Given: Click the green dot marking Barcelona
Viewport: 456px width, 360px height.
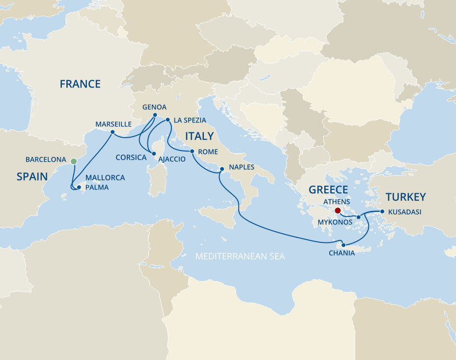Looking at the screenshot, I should pos(74,161).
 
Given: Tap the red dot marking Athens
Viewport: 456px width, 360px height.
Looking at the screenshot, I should pos(337,210).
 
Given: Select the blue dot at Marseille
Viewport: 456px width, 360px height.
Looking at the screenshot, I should pos(113,132).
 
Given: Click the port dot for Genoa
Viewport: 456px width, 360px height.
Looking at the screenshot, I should pos(154,116).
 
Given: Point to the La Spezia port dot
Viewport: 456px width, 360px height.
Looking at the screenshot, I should pos(168,120).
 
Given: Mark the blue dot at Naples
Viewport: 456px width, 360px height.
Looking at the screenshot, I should pos(222,169).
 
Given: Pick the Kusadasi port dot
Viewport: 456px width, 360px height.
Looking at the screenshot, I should pos(382,212).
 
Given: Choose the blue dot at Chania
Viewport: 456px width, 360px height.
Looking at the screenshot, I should pos(343,245).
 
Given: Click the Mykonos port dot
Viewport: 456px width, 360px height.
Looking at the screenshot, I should pos(359,217).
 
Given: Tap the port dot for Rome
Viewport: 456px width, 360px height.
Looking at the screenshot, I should pos(192,151).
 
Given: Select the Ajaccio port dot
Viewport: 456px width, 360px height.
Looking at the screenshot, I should pos(154,154).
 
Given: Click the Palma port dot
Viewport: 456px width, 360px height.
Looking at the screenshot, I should pos(79,187).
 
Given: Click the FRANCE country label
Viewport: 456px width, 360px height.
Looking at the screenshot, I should pos(80,84).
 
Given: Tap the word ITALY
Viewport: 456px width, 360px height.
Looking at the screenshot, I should pos(199,136).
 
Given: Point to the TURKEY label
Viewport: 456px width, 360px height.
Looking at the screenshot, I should pos(405,197).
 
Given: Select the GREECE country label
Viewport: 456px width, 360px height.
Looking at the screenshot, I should pos(328,190).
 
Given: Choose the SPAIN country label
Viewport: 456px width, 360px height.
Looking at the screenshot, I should pos(32,177).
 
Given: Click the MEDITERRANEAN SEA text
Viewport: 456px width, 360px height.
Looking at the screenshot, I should pos(240,256).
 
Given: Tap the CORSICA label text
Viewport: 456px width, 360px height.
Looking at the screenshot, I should pos(131,158).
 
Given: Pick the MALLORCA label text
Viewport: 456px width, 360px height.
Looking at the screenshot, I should pos(105,178).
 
